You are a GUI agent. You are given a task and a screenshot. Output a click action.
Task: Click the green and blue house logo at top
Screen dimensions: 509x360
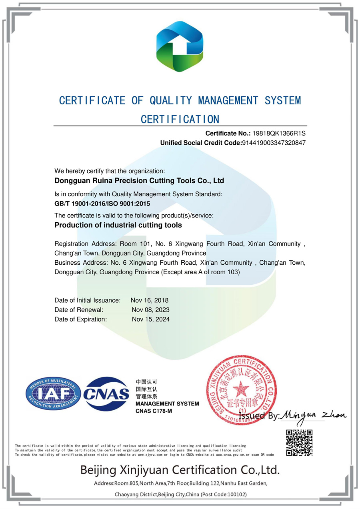180,46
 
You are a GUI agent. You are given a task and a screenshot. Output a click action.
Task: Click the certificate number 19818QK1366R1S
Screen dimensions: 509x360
279,133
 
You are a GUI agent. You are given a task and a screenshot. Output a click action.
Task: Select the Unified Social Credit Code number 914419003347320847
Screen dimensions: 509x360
274,143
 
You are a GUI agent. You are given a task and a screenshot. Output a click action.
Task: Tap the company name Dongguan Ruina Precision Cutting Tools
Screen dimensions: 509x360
139,181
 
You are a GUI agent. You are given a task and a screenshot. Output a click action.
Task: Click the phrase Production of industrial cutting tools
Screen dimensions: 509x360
118,225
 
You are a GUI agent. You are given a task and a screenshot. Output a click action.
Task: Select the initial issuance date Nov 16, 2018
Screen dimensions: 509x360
150,300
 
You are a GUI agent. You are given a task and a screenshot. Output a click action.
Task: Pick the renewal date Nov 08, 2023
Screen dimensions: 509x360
150,310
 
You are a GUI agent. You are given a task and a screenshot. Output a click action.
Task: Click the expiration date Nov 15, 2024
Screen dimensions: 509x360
151,319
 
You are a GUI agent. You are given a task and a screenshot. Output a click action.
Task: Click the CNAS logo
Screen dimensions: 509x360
106,393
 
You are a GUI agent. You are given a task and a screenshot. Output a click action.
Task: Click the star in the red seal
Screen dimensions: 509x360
240,387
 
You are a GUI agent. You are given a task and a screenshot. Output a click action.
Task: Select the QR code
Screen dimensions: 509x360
299,443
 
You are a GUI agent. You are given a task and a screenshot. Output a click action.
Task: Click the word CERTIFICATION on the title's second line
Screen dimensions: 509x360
180,119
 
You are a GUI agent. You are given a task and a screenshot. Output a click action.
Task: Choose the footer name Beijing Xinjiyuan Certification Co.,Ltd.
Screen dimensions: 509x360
180,469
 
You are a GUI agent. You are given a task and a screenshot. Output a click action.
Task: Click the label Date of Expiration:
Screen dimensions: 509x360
81,319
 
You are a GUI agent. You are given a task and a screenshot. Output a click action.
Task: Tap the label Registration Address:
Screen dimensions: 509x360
85,244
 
